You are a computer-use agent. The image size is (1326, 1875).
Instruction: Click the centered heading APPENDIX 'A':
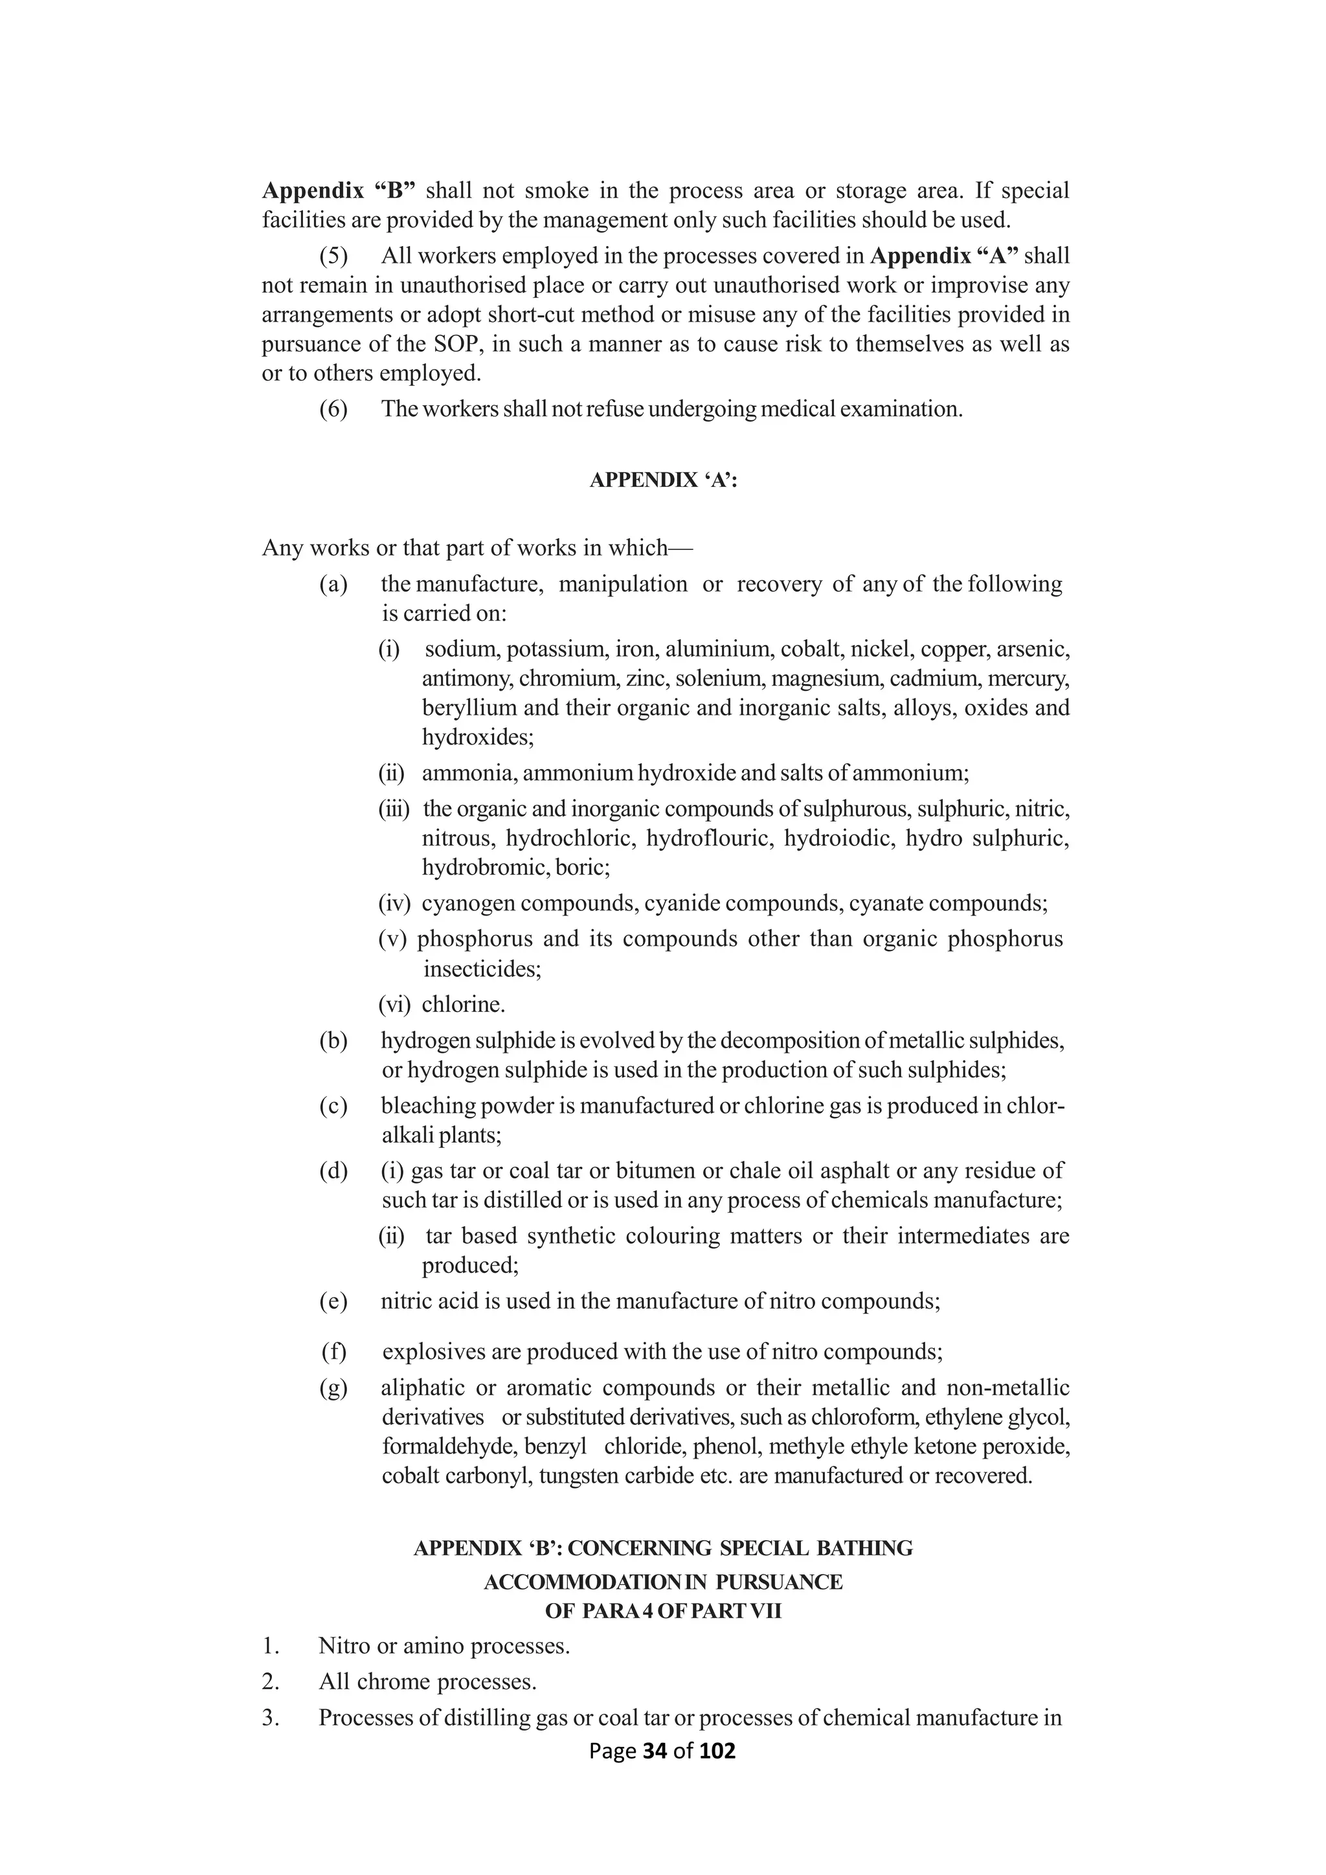(x=663, y=480)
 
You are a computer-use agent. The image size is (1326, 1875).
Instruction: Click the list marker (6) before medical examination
(x=333, y=409)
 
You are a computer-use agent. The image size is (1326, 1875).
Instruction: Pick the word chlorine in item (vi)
(x=462, y=1004)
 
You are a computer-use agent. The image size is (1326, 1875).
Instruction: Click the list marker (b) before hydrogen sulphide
(x=333, y=1040)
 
